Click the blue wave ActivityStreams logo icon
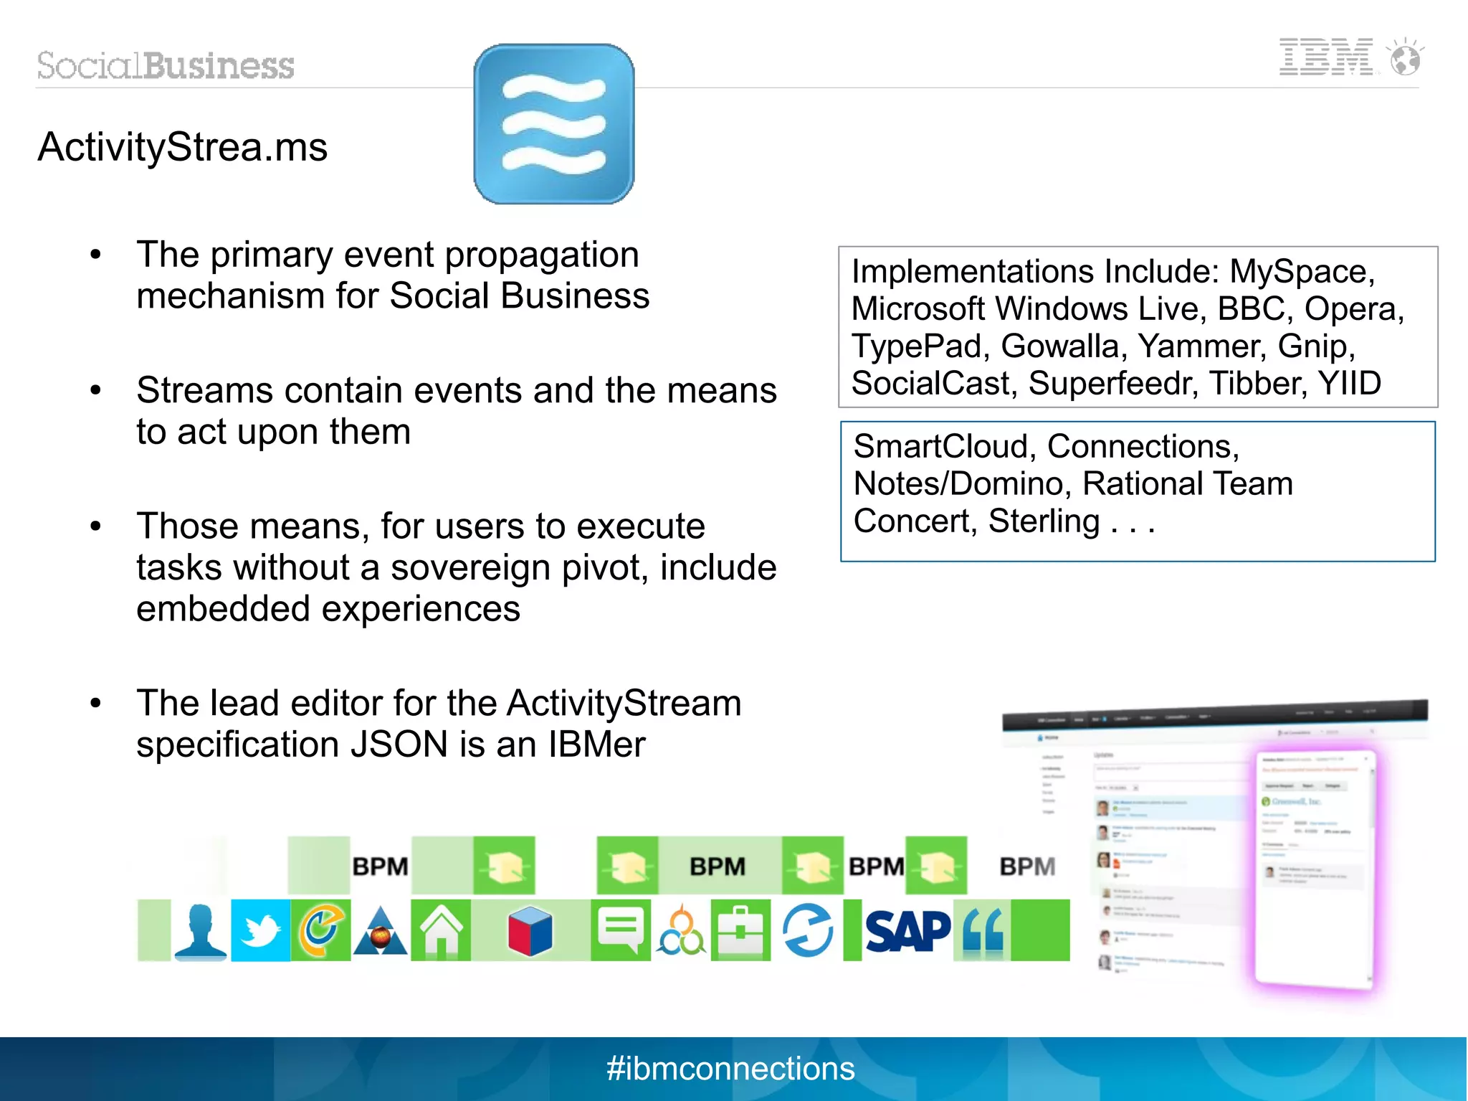pos(553,124)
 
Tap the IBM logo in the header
pos(1326,57)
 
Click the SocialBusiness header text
pos(166,65)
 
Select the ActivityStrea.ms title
pos(183,147)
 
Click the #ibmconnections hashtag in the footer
pos(730,1069)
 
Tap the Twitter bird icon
pos(260,930)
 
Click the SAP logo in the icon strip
pos(907,931)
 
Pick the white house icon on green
pos(441,930)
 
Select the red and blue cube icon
pos(530,931)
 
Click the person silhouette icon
pos(201,930)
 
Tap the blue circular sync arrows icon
pos(808,930)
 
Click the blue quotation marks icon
pos(983,931)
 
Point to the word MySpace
pos(1301,272)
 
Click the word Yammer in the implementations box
pos(1202,346)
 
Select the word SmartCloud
pos(941,447)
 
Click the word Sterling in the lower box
pos(1044,521)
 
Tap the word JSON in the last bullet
pos(399,745)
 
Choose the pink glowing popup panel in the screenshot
pos(1315,868)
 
